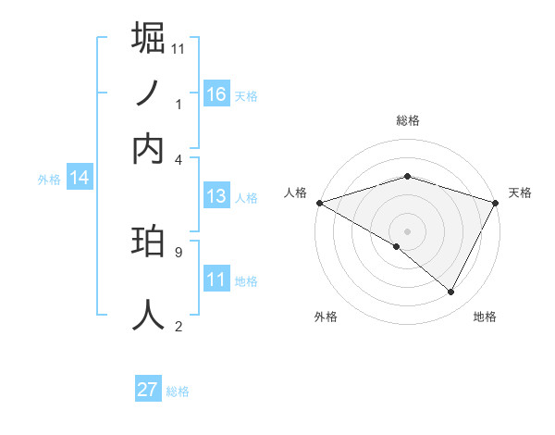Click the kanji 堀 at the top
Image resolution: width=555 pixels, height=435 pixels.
(148, 38)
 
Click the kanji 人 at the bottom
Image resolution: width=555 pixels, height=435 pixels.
(148, 315)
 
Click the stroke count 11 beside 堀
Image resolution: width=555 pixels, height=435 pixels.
(179, 48)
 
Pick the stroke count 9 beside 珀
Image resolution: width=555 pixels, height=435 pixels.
(179, 251)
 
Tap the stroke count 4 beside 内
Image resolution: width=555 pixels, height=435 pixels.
(179, 158)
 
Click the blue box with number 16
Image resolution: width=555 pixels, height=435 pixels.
(216, 93)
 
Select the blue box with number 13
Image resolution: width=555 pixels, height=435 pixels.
(216, 195)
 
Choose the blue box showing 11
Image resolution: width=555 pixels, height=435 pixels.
(216, 279)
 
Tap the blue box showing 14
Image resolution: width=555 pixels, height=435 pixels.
(80, 179)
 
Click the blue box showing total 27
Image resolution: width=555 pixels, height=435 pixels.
(148, 390)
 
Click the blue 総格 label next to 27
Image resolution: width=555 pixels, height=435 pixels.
(178, 391)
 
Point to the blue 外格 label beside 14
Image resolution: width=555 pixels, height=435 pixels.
(48, 180)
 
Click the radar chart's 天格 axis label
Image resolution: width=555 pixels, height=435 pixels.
(520, 193)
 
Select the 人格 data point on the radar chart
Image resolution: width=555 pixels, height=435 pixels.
(319, 203)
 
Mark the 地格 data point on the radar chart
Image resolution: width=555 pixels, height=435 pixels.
(451, 292)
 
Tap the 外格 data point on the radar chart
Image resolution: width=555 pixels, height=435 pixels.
(397, 246)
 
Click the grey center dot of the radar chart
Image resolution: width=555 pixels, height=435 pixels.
(407, 230)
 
